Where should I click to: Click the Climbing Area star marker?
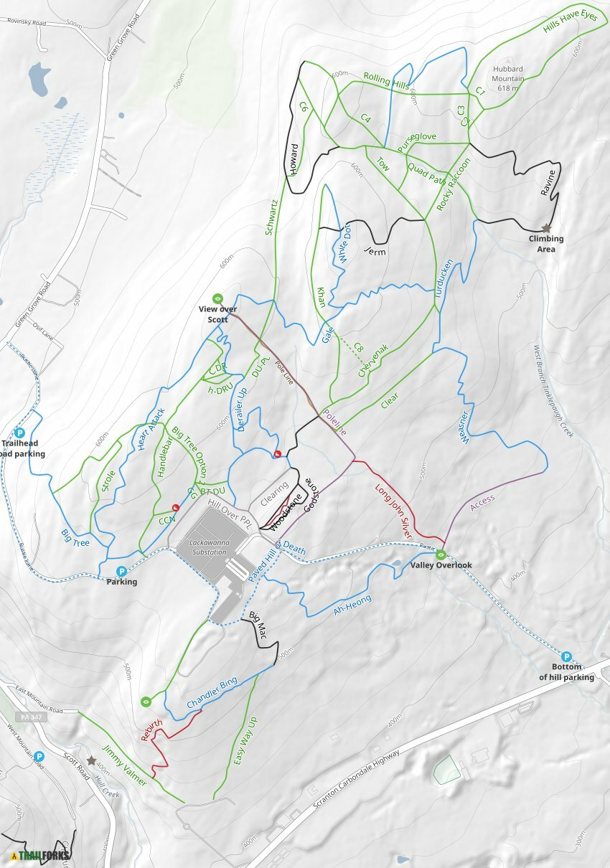click(x=546, y=227)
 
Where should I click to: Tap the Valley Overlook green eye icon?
click(x=441, y=554)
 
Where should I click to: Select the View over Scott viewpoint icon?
click(x=217, y=298)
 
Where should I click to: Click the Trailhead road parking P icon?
click(x=20, y=433)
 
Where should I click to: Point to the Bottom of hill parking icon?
click(x=566, y=656)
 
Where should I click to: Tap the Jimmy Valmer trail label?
click(x=124, y=765)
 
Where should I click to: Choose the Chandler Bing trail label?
click(x=212, y=694)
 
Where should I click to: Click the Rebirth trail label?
click(x=151, y=731)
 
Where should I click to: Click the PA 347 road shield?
click(x=25, y=717)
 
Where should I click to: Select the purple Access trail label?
click(x=482, y=502)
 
